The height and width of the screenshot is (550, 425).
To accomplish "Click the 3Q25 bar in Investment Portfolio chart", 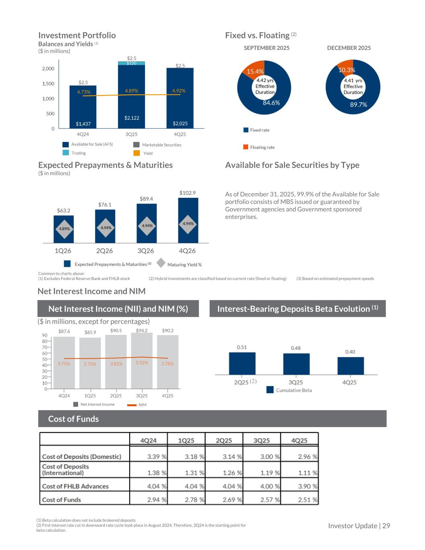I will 131,97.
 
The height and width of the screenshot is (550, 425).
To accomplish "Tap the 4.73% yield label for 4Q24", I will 84,92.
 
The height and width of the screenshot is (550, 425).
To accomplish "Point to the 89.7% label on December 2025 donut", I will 359,104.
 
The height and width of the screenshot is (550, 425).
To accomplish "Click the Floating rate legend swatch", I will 246,147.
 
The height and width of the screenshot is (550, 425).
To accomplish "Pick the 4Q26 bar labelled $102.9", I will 188,220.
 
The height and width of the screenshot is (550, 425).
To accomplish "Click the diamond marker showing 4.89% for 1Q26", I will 64,228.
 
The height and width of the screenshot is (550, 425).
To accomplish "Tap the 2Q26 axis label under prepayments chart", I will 104,251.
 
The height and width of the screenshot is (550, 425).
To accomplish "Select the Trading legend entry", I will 79,153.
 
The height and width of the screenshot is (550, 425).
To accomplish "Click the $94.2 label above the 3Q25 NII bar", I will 141,330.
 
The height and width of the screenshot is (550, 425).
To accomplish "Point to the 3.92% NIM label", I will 142,363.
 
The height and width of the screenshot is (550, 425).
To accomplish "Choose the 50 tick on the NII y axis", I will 45,359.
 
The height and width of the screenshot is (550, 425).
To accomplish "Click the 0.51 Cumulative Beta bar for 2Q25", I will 242,363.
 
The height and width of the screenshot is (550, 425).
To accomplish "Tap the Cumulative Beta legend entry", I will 294,390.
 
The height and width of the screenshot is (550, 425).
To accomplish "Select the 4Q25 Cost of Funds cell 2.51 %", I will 307,500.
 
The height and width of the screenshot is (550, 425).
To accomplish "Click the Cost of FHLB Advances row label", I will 75,486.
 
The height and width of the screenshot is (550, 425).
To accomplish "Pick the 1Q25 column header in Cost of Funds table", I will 186,440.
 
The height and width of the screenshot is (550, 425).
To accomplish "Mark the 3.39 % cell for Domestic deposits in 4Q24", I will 156,457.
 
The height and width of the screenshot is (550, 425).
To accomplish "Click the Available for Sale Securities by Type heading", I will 292,165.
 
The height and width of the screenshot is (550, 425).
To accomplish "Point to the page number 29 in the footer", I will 386,525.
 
